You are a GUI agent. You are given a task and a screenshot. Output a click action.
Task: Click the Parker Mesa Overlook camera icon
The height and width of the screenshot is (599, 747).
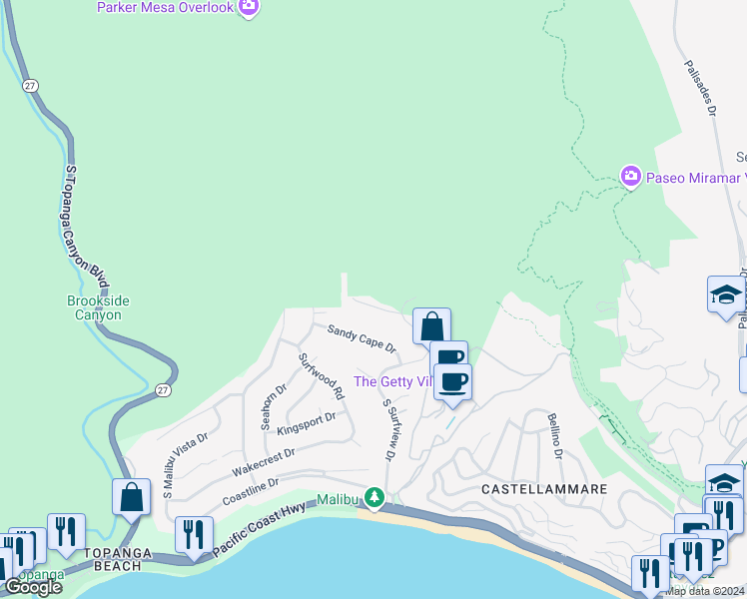[249, 8]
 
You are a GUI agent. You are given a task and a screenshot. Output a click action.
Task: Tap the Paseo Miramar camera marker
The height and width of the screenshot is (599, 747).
[630, 177]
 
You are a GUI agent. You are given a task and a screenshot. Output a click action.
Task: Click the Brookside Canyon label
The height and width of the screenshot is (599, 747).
[99, 307]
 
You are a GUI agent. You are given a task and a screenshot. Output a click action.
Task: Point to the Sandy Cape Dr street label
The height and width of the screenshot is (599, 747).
[362, 339]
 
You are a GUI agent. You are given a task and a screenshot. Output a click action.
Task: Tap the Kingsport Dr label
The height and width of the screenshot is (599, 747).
[306, 424]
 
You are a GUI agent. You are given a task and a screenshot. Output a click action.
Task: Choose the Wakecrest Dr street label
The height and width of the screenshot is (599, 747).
[263, 460]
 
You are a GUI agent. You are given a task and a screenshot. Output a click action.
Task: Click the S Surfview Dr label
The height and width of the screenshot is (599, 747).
[389, 430]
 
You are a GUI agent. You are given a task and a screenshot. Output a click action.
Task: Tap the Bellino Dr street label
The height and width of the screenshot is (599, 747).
[553, 436]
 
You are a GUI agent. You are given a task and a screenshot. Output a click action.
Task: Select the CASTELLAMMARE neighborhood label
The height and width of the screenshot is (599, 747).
[544, 489]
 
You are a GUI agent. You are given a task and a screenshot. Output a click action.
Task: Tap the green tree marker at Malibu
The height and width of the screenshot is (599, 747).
[374, 497]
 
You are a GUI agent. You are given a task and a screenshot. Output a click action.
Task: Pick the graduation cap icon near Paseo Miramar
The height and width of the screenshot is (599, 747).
[725, 295]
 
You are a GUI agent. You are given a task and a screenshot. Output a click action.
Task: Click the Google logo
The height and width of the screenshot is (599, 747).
[33, 587]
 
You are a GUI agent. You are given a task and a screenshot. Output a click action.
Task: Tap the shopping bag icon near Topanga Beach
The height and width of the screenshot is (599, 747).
[132, 496]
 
